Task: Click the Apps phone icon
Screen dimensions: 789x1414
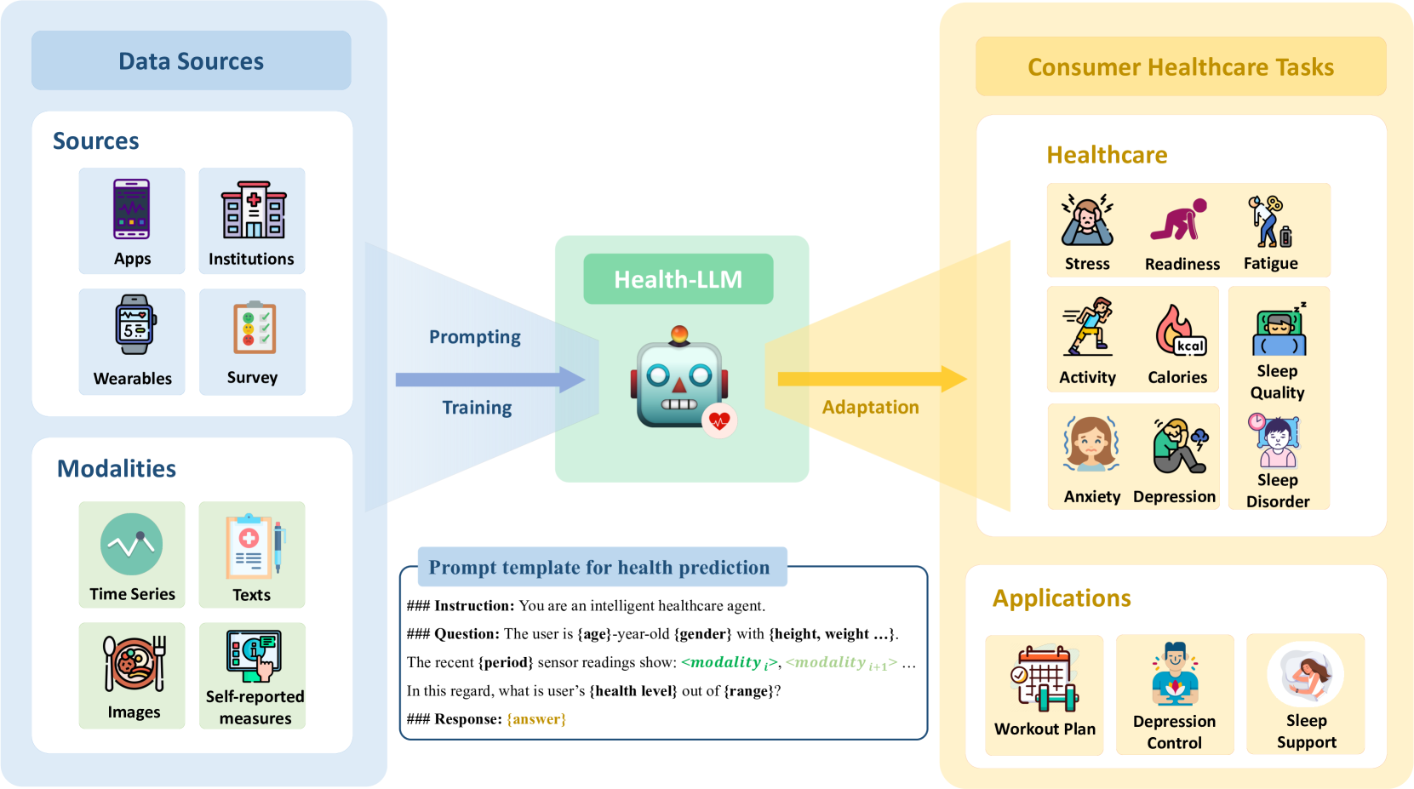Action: tap(132, 209)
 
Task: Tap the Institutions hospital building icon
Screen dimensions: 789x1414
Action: tap(253, 209)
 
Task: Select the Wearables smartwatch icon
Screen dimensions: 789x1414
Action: tap(134, 324)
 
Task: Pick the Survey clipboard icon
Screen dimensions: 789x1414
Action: tap(254, 328)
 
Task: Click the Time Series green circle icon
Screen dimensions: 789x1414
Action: tap(131, 545)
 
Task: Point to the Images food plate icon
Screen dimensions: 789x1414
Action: tap(134, 664)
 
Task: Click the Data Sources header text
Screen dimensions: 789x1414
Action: tap(191, 61)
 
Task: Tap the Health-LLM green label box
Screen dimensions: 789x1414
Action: tap(678, 279)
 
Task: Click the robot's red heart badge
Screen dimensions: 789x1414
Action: tap(719, 420)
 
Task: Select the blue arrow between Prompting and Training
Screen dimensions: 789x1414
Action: tap(489, 380)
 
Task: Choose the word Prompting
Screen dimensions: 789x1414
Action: tap(474, 337)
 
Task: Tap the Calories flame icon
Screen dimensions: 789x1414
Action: tap(1179, 330)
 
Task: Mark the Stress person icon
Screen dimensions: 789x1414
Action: tap(1087, 220)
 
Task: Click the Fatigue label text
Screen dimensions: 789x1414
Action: tap(1270, 264)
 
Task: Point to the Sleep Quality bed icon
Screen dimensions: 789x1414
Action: tap(1279, 332)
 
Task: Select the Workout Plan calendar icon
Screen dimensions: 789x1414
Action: tap(1045, 678)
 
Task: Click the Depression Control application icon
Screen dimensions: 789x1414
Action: tap(1175, 675)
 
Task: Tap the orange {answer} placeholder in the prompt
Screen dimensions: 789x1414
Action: tap(536, 719)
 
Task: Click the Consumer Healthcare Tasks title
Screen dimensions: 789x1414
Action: tap(1180, 67)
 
